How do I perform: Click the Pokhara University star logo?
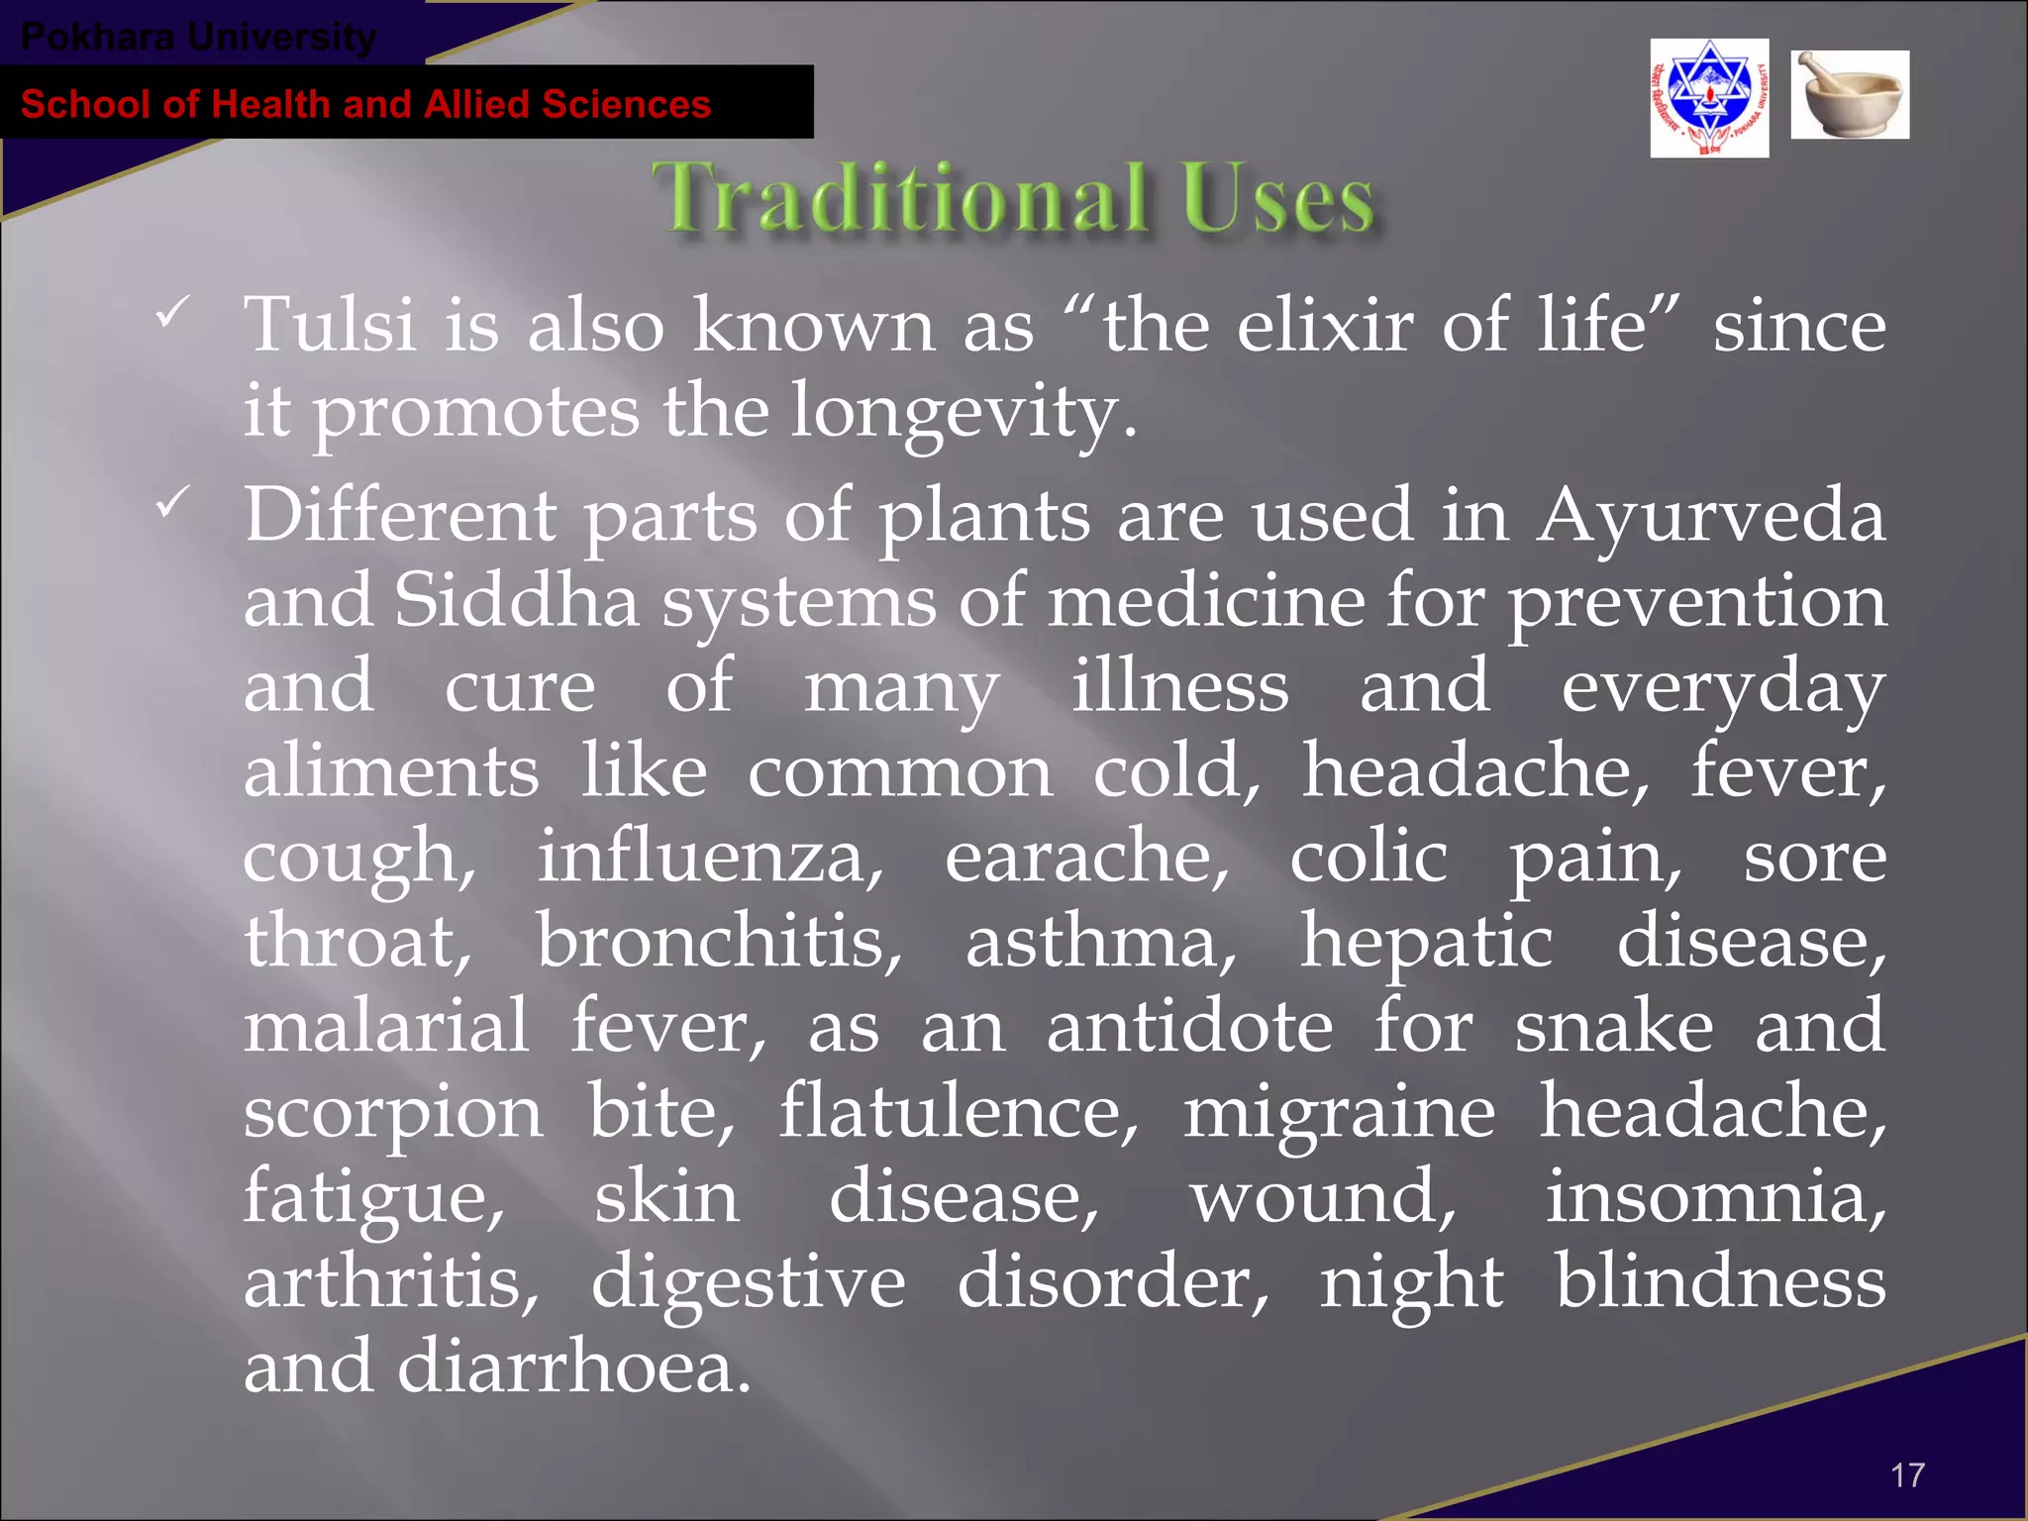tap(1709, 98)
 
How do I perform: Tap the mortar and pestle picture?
tap(1849, 94)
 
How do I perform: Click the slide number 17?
tap(1907, 1474)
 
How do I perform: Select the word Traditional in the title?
tap(898, 197)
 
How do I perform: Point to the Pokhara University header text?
tap(198, 38)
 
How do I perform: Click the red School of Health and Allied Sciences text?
tap(365, 104)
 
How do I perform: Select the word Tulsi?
tap(329, 325)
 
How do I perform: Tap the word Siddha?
tap(516, 601)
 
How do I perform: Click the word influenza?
tap(709, 858)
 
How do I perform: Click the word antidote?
tap(1189, 1027)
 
